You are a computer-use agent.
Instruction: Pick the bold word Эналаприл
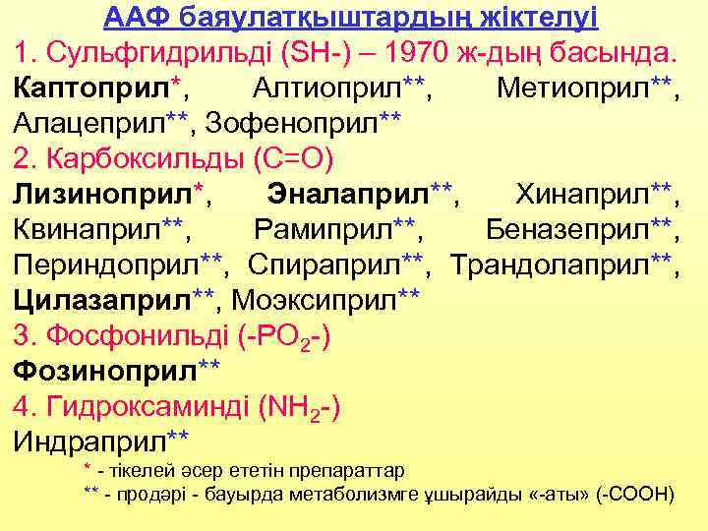tap(350, 194)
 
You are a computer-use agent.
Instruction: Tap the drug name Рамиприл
tap(324, 229)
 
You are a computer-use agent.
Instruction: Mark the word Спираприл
tap(325, 264)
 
